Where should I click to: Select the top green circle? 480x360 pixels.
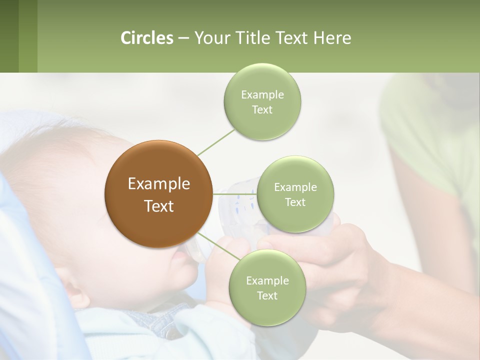coord(262,101)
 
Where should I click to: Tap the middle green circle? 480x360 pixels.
coord(295,194)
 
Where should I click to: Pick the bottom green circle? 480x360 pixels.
coord(267,287)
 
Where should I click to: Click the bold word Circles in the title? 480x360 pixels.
coord(147,38)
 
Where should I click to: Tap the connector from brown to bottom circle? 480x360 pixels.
coord(215,246)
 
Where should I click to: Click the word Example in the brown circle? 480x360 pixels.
coord(159,184)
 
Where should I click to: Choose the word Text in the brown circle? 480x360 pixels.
coord(159,206)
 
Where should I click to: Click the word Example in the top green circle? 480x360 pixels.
coord(262,94)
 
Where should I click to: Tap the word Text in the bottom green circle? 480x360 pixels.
coord(267,295)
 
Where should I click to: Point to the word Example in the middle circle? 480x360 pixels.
coord(295,187)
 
